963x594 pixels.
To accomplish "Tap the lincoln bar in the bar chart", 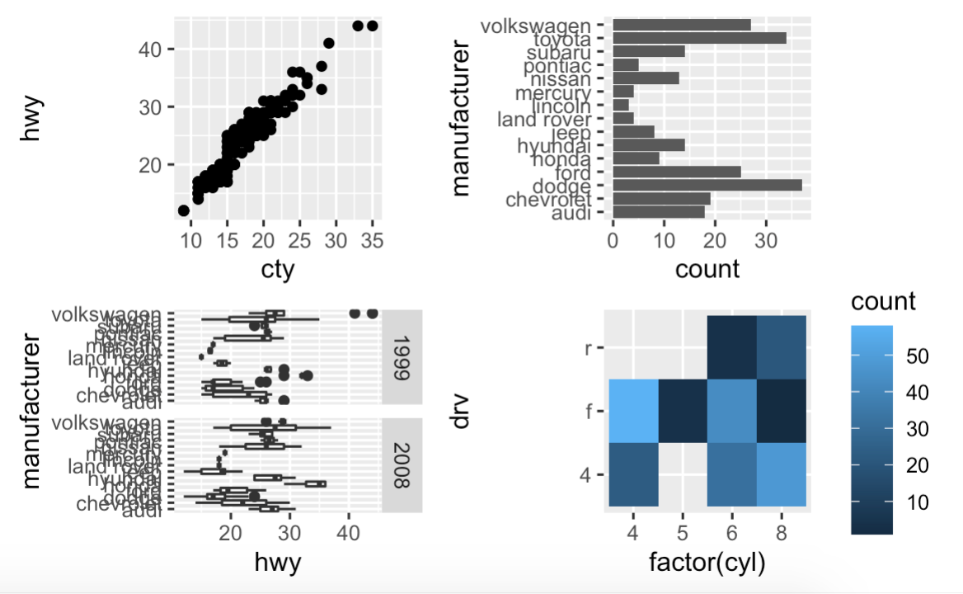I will click(x=621, y=106).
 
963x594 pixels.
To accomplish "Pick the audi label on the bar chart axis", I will click(x=571, y=214).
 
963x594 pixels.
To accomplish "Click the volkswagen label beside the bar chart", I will click(x=536, y=26).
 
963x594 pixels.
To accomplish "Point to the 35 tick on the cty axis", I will click(x=372, y=242).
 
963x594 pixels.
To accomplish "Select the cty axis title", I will click(x=277, y=269).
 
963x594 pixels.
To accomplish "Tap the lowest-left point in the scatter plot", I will click(x=184, y=211).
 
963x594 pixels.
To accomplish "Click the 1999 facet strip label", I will click(x=402, y=357).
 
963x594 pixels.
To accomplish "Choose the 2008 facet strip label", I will click(x=402, y=465).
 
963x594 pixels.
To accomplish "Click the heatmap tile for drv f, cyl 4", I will click(x=633, y=411).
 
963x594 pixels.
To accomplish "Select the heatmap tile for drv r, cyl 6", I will click(x=731, y=347).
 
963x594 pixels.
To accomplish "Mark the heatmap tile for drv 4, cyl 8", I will click(x=781, y=474).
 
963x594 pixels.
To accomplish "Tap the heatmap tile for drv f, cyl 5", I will click(x=683, y=411).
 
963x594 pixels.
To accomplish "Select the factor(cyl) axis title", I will click(x=707, y=563).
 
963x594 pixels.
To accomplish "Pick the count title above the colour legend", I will click(x=883, y=301).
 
